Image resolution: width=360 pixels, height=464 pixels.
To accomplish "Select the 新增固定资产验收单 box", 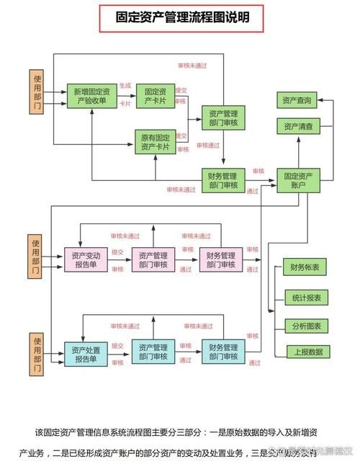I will (x=92, y=96).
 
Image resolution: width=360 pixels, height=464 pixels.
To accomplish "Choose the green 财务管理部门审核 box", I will (x=223, y=180).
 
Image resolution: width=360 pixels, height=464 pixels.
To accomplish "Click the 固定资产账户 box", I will (x=298, y=180).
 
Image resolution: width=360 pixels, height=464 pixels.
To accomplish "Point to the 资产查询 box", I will (x=298, y=100).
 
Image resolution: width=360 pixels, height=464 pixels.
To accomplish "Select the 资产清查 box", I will (x=298, y=127).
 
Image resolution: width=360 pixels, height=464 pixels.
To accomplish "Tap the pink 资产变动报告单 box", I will (x=86, y=259).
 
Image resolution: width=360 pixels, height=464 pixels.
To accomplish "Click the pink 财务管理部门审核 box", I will (x=221, y=259).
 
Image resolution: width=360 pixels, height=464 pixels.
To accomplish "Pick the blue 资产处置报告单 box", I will (x=86, y=353).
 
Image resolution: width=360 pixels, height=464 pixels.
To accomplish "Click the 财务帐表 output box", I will (x=305, y=268).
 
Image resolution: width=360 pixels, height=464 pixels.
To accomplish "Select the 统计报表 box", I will (x=305, y=297).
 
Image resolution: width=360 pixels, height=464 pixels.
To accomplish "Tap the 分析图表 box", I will (x=305, y=325).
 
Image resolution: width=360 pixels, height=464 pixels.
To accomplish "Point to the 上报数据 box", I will (x=305, y=352).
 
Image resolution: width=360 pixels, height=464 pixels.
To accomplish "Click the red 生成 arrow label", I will (x=125, y=86).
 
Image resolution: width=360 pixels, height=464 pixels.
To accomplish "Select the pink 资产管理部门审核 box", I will (x=153, y=259).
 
